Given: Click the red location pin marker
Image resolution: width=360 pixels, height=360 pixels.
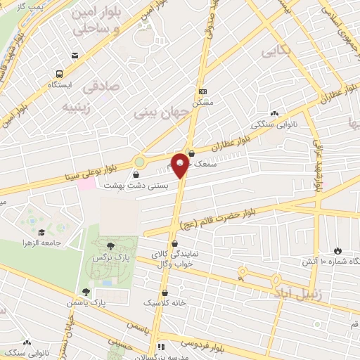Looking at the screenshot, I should coord(180,165).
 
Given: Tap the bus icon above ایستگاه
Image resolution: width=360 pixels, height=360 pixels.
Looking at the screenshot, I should coord(59,73).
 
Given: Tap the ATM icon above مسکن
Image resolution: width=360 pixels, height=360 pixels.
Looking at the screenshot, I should coord(202,91).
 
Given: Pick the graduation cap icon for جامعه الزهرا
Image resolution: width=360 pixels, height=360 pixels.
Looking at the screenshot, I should coord(41,232).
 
